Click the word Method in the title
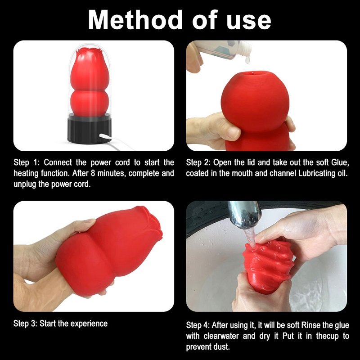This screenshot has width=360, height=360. point(135,20)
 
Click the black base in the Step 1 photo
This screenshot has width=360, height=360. point(90,129)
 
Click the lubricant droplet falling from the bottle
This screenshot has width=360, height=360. point(247,60)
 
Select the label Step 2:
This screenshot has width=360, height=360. point(198,162)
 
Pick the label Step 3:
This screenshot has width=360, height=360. point(25,324)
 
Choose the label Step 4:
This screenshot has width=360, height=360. point(198,325)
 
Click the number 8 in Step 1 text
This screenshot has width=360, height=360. point(93,173)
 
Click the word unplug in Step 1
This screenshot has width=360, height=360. point(25,184)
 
